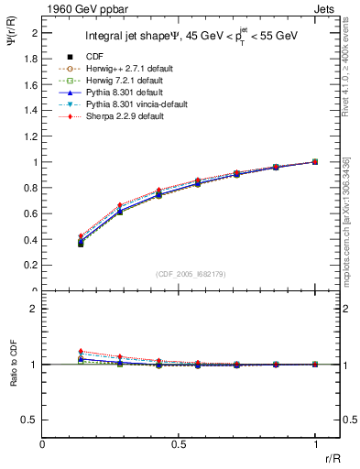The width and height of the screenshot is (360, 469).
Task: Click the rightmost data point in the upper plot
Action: [x=315, y=162]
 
